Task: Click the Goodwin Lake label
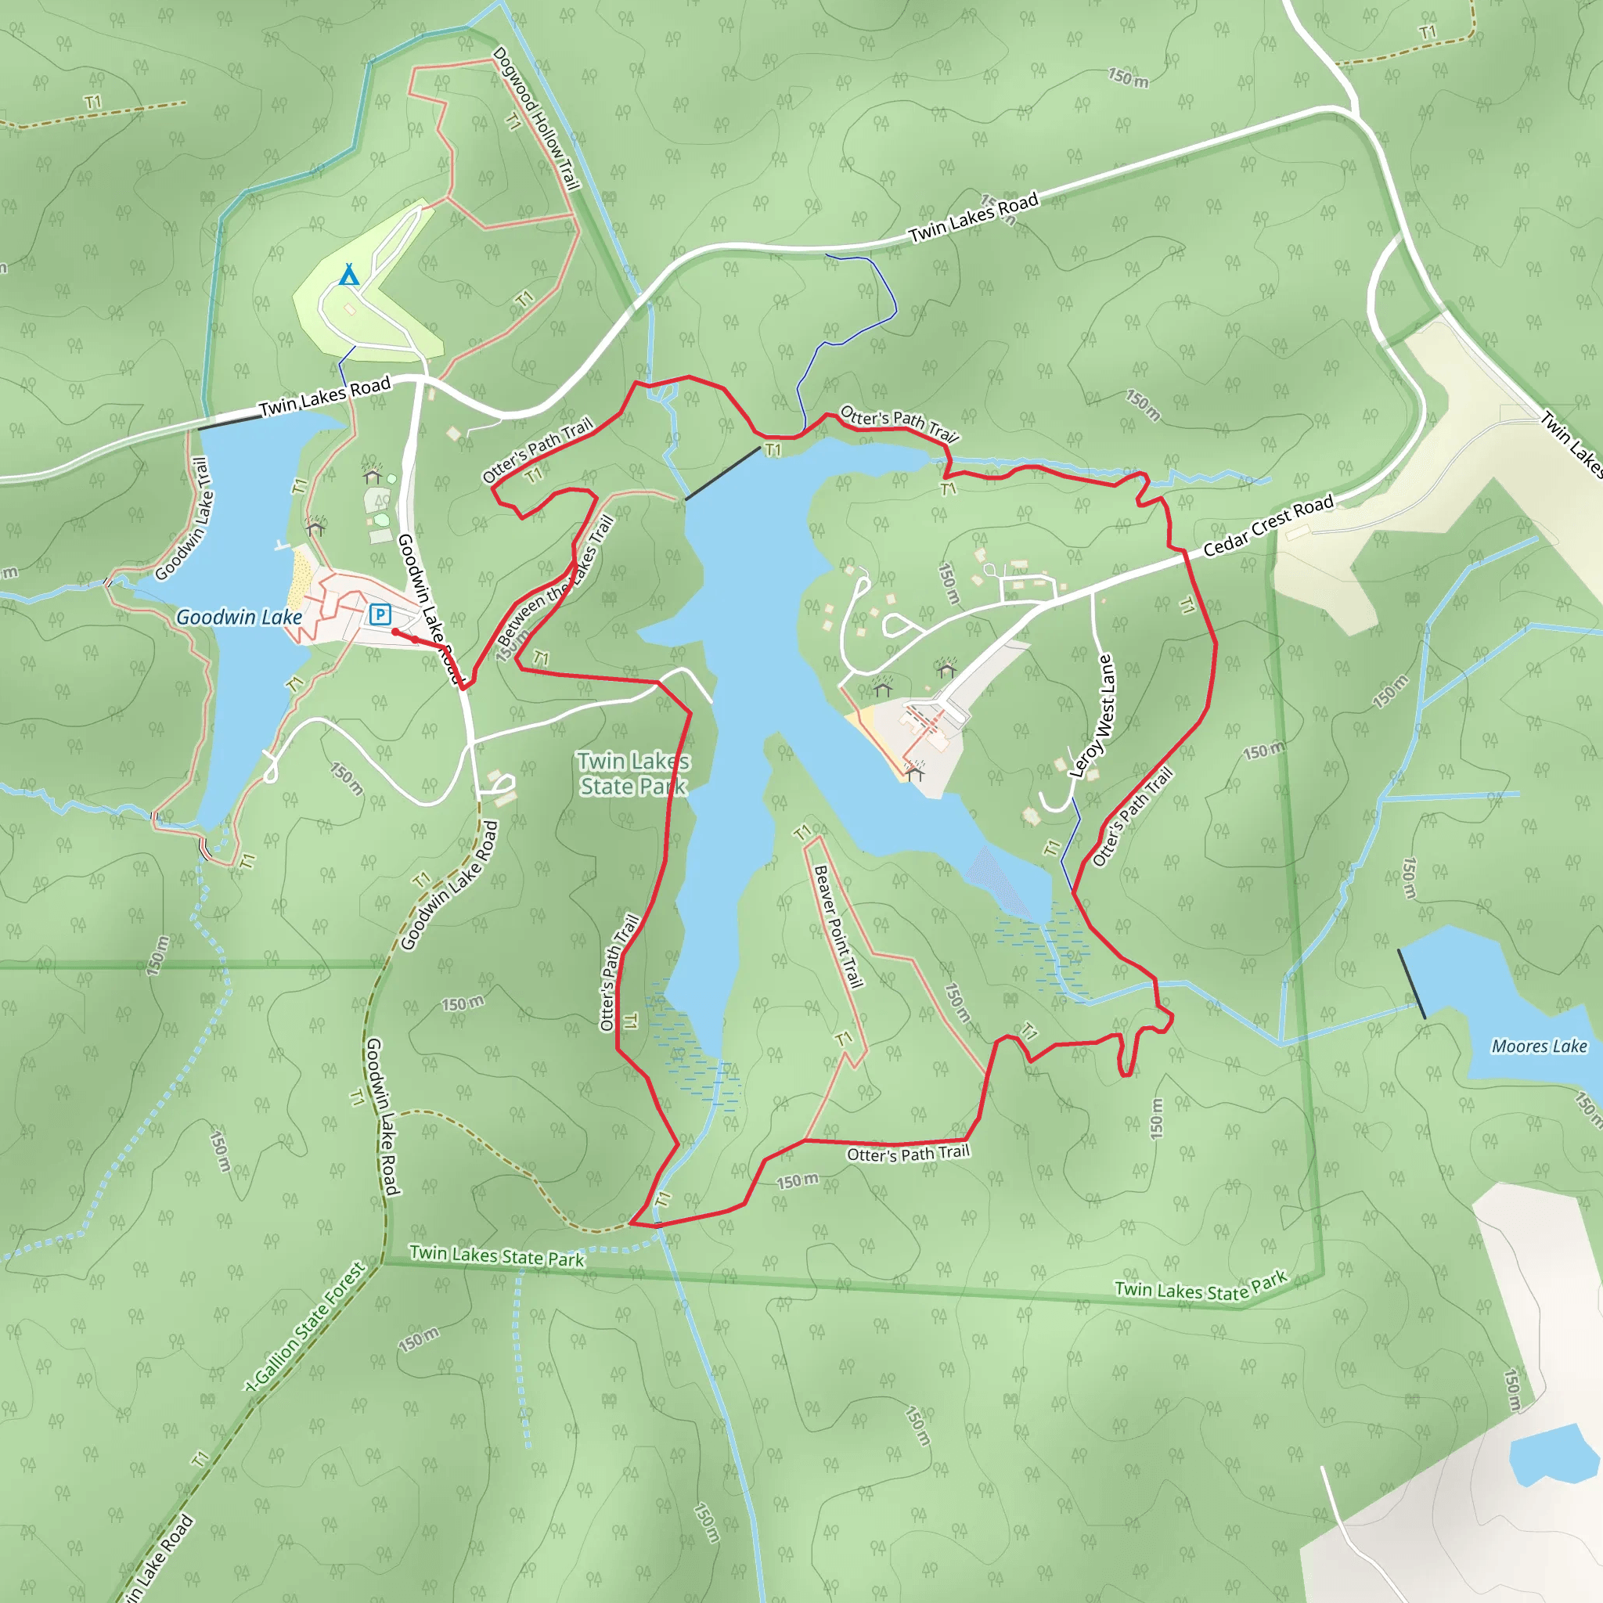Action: [x=239, y=618]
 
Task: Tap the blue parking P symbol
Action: [x=380, y=614]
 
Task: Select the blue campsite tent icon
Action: [x=349, y=274]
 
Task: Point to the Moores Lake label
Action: [x=1539, y=1046]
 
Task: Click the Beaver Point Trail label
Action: [x=838, y=927]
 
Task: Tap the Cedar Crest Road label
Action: [x=1268, y=525]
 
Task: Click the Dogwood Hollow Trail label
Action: [x=536, y=119]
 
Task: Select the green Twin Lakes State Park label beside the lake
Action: [x=634, y=773]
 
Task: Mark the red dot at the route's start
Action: [x=396, y=632]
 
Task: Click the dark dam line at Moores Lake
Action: [x=1412, y=984]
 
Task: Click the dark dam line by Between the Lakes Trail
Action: [x=722, y=474]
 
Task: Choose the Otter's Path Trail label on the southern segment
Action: [x=908, y=1153]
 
